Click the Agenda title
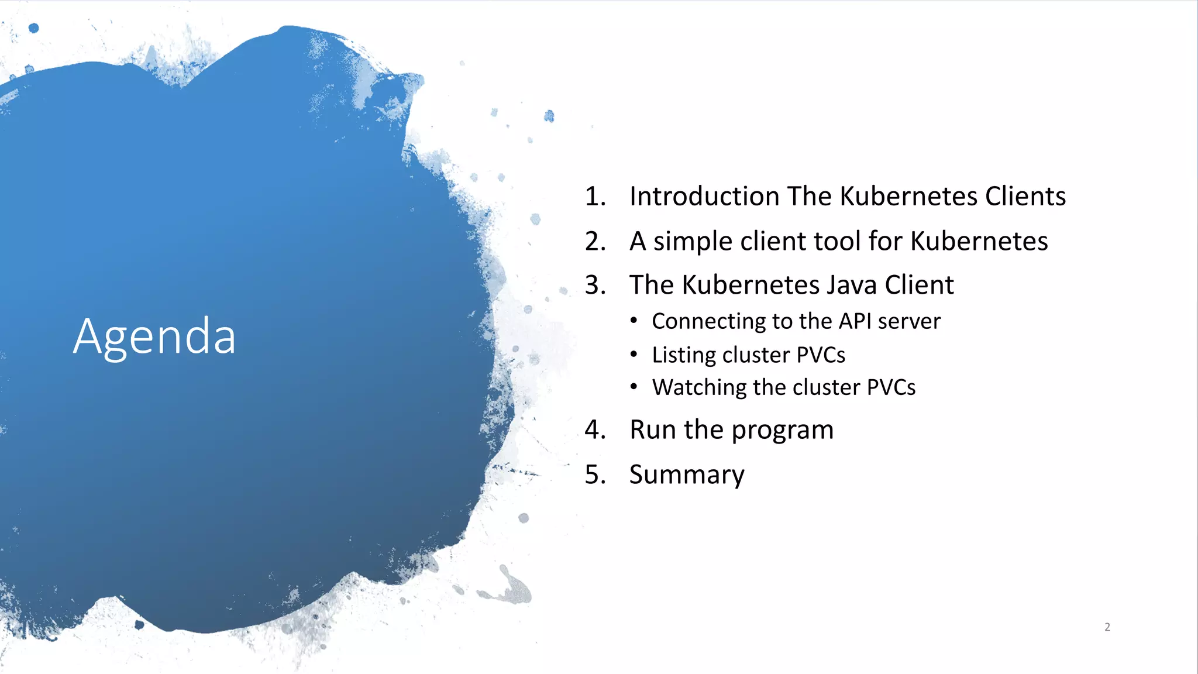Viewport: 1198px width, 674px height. click(x=154, y=337)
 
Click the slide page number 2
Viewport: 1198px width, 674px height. click(x=1107, y=627)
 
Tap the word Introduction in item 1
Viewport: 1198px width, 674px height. click(x=704, y=196)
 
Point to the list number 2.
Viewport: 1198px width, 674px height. click(x=594, y=241)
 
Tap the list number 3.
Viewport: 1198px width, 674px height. click(x=594, y=285)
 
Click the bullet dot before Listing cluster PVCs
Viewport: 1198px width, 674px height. click(x=634, y=355)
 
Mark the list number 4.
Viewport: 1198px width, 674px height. click(x=594, y=430)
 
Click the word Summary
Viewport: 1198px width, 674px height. click(x=687, y=474)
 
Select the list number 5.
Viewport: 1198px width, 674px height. click(x=594, y=474)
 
